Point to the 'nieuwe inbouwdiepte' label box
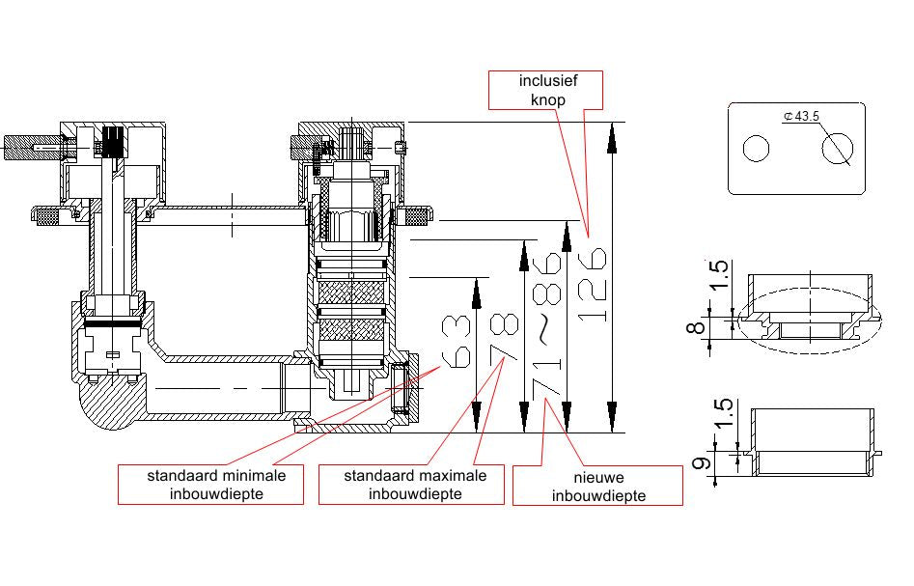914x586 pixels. (x=597, y=486)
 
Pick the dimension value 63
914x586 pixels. (x=456, y=342)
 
